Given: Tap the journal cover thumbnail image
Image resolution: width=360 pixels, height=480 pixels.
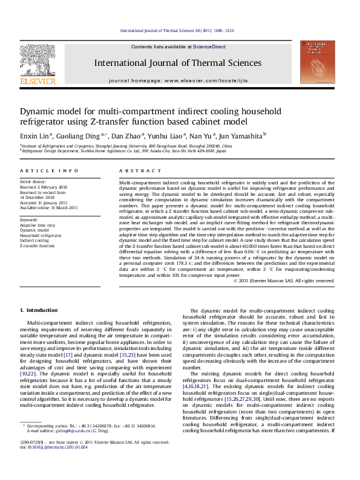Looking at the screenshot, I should (x=321, y=62).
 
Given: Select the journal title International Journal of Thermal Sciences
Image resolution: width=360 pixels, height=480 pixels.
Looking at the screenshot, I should (x=177, y=63).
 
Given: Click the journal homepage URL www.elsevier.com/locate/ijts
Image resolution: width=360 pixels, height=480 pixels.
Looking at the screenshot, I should (x=200, y=80).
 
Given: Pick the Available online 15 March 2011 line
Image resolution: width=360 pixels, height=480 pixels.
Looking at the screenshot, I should (x=49, y=207).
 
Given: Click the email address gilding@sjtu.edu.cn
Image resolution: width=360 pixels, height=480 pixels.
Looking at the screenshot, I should (x=68, y=431).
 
